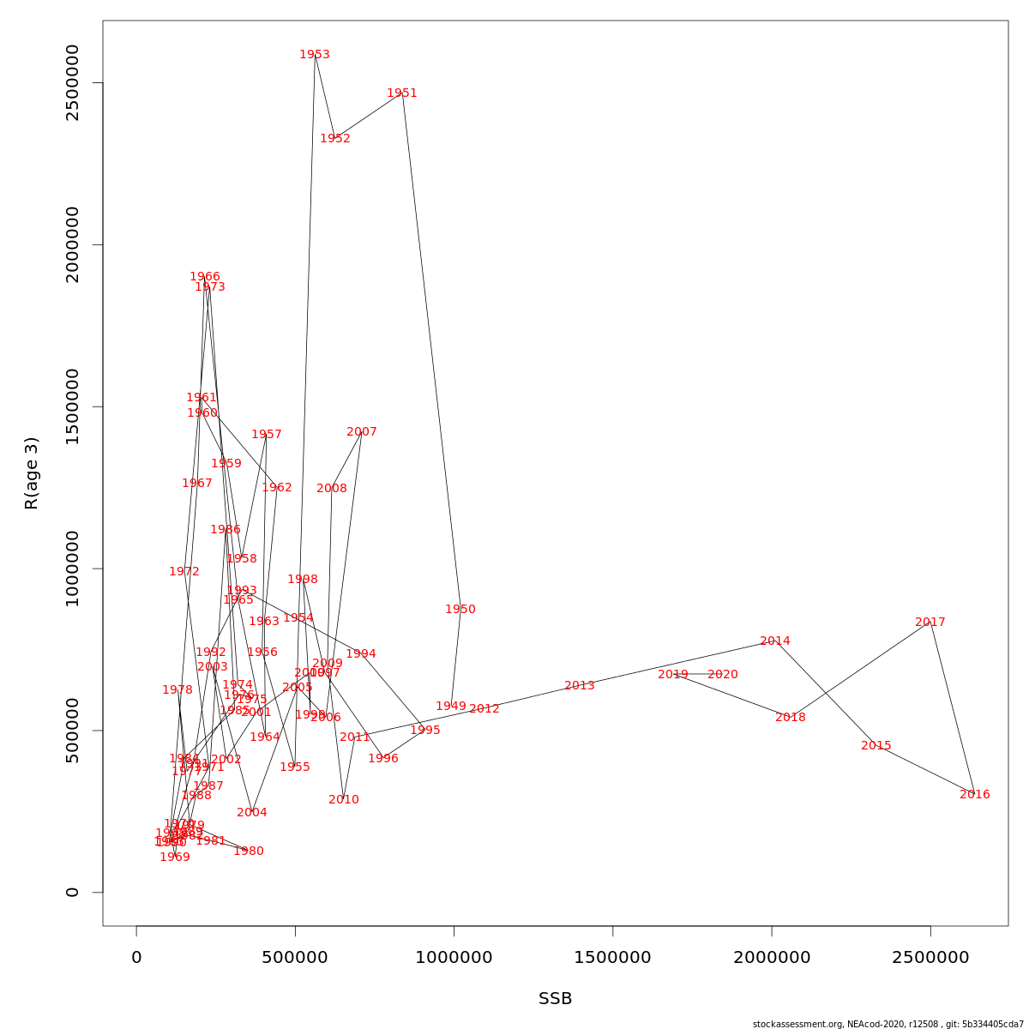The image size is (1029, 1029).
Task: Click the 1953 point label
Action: tap(315, 55)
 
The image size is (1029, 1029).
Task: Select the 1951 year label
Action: tap(402, 93)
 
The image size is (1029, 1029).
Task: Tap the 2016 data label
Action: tap(975, 795)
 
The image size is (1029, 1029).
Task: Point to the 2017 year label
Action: tap(930, 623)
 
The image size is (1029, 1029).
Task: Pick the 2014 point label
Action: tap(775, 641)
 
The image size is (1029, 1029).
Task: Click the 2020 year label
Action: tap(723, 675)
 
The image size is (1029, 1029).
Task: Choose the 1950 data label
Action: tap(460, 610)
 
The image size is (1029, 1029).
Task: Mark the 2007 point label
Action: tap(362, 432)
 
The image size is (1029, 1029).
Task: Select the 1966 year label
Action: tap(205, 277)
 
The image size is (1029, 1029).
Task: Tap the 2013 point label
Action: tap(580, 686)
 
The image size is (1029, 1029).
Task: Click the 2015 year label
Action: tap(876, 746)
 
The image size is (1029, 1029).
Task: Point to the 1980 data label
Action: tap(249, 851)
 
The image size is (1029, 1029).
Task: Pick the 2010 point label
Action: tap(344, 800)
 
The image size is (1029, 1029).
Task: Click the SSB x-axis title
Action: tap(556, 999)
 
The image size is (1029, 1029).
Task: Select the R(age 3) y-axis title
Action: tap(32, 473)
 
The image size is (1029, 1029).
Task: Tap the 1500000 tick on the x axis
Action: tap(613, 957)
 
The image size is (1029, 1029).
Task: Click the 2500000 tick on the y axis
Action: tap(73, 83)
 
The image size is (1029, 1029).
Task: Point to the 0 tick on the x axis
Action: tap(136, 957)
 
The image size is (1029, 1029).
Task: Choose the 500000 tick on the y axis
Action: tap(73, 731)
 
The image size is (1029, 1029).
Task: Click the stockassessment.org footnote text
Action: tap(888, 1024)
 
